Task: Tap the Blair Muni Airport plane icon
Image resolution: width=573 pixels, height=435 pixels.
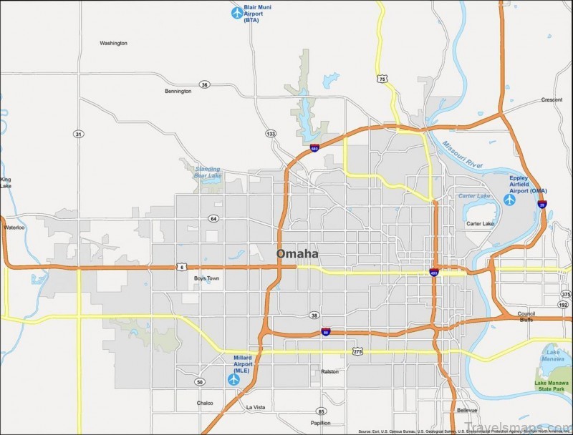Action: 237,12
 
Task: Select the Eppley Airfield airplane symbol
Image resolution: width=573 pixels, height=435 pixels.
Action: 510,200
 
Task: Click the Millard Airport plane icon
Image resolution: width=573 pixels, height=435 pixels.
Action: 233,380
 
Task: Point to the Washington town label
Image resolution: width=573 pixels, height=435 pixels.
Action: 113,43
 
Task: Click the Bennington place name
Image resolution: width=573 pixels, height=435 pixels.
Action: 178,92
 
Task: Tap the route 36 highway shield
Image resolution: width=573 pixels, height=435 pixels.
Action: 205,84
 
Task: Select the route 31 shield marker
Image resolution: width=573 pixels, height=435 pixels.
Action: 77,134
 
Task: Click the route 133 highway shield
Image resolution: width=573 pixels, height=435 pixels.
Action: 270,134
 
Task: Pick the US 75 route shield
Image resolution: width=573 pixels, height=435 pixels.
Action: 383,79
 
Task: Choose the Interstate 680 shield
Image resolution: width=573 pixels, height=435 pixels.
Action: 314,148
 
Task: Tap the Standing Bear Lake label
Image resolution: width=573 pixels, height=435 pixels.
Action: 208,171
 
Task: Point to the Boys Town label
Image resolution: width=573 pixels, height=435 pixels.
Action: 206,278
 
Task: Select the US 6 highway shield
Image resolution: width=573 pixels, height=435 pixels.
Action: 182,266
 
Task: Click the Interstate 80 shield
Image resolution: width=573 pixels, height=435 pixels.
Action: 326,333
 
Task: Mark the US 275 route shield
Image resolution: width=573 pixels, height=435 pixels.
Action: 357,351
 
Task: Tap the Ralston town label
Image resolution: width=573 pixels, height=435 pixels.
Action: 329,371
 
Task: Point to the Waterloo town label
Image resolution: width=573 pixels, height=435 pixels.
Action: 14,228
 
